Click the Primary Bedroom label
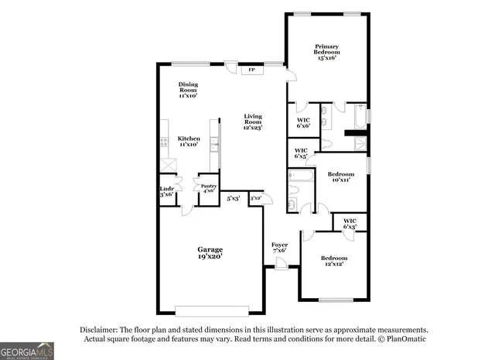pos(325,51)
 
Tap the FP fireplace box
pos(251,71)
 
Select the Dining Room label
pos(188,90)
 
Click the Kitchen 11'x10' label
pos(189,141)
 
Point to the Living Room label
pos(253,122)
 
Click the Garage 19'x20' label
pos(210,252)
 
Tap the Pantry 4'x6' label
pos(209,188)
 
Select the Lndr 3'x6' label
pos(166,191)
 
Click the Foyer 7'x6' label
pos(279,248)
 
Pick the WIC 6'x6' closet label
pos(303,122)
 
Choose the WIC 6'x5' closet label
pos(301,153)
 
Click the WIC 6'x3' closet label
pos(350,224)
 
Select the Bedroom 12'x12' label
pos(334,261)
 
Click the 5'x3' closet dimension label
pos(233,199)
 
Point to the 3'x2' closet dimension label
pos(255,199)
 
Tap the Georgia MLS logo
pos(27,351)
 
